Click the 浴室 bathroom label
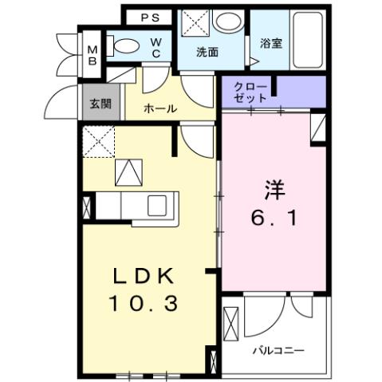click(271, 44)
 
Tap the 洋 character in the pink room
click(276, 190)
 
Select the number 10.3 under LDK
click(144, 303)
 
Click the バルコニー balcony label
click(278, 349)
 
